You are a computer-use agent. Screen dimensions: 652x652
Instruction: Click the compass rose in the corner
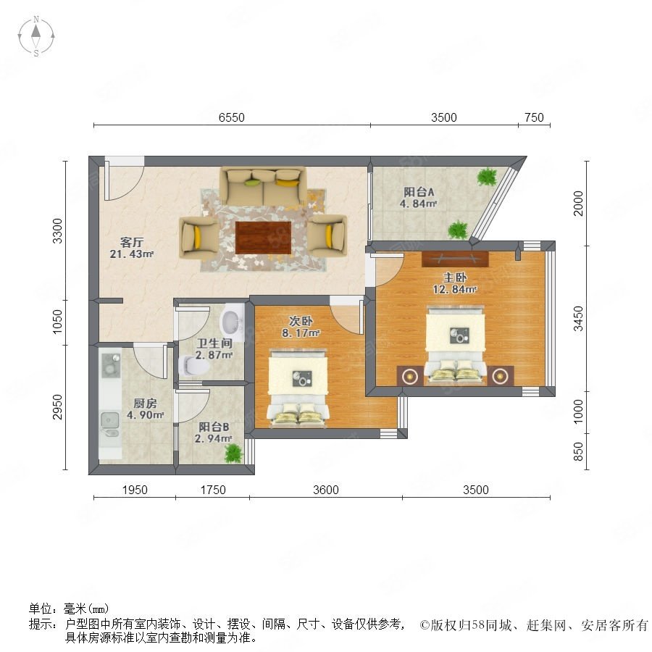[36, 36]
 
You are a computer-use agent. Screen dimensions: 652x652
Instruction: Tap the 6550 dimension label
[232, 117]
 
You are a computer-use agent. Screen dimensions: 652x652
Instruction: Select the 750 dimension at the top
[535, 117]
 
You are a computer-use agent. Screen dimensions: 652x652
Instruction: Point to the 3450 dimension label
[578, 319]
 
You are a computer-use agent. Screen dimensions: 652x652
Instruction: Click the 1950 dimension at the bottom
[135, 490]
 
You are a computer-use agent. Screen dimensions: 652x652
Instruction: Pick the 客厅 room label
[132, 242]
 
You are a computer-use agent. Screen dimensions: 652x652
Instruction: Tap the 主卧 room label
[454, 277]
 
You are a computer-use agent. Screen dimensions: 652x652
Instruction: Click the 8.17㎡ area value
[301, 333]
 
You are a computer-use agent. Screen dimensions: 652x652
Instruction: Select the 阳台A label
[419, 192]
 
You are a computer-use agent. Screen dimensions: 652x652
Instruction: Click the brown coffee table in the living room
[263, 238]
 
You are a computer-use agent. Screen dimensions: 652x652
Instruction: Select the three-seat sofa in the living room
[263, 186]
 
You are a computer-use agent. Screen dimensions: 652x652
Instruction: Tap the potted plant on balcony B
[233, 453]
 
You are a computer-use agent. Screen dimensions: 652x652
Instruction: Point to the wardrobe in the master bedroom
[455, 259]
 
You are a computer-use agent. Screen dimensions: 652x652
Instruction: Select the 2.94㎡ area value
[213, 439]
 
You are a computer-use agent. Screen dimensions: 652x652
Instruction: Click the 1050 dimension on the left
[57, 322]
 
